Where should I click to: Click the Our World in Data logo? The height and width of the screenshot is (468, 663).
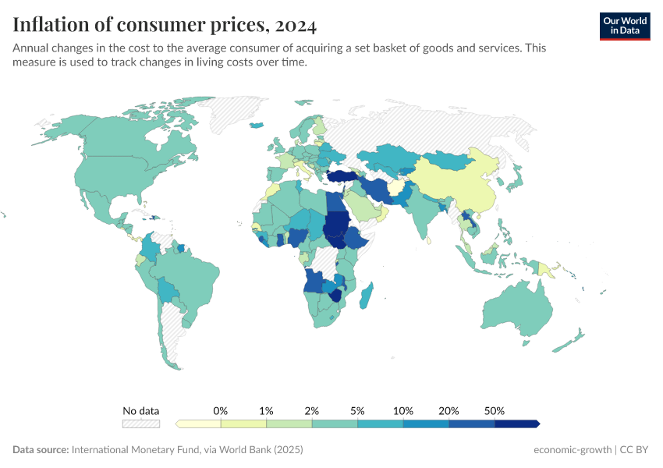pyautogui.click(x=624, y=25)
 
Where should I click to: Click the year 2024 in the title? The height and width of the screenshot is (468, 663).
pyautogui.click(x=295, y=26)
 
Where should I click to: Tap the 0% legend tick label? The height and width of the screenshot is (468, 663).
pyautogui.click(x=221, y=410)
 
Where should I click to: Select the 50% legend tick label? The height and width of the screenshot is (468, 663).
pyautogui.click(x=495, y=410)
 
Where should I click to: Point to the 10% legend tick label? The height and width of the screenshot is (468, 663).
pyautogui.click(x=403, y=410)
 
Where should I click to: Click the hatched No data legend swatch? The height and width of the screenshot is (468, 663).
pyautogui.click(x=140, y=424)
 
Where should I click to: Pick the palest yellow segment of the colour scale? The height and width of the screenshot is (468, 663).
pyautogui.click(x=199, y=424)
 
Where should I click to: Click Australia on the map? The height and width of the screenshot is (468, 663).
pyautogui.click(x=515, y=312)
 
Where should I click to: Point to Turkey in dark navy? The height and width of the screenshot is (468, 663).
pyautogui.click(x=341, y=177)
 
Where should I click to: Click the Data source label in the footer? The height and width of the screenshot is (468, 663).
pyautogui.click(x=41, y=450)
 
